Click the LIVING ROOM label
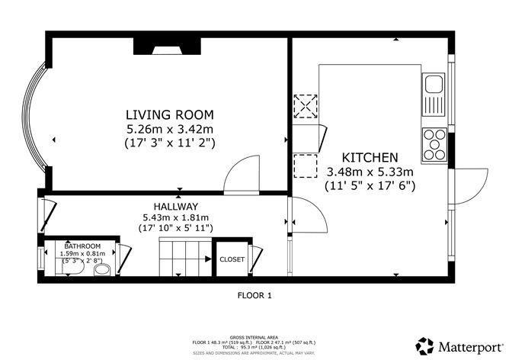point(170,114)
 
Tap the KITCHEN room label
point(370,156)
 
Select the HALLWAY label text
point(175,207)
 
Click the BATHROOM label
point(82,246)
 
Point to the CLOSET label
point(232,259)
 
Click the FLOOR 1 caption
point(254,294)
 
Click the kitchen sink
point(435,92)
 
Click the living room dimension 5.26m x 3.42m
point(170,127)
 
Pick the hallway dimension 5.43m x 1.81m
point(175,217)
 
